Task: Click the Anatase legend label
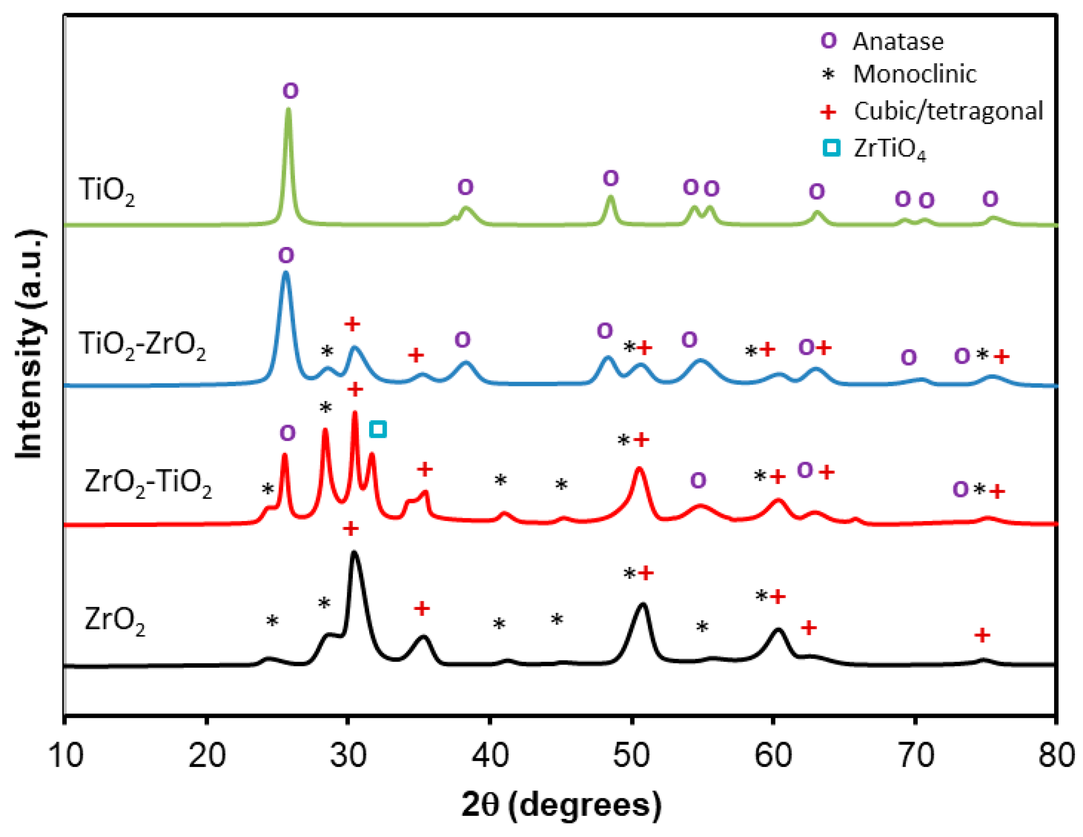[x=898, y=42]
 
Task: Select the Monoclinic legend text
[x=914, y=74]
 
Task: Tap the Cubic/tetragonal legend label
[x=947, y=111]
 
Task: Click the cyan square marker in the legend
[x=831, y=148]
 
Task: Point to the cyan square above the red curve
[x=378, y=429]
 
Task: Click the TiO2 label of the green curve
[x=106, y=191]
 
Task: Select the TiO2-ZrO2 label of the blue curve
[x=142, y=345]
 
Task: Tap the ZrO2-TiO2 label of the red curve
[x=148, y=483]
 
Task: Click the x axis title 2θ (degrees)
[x=561, y=805]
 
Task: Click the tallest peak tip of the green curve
[x=289, y=110]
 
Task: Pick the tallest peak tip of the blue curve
[x=285, y=273]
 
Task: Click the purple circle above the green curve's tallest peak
[x=291, y=91]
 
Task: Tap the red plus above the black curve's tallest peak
[x=351, y=529]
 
